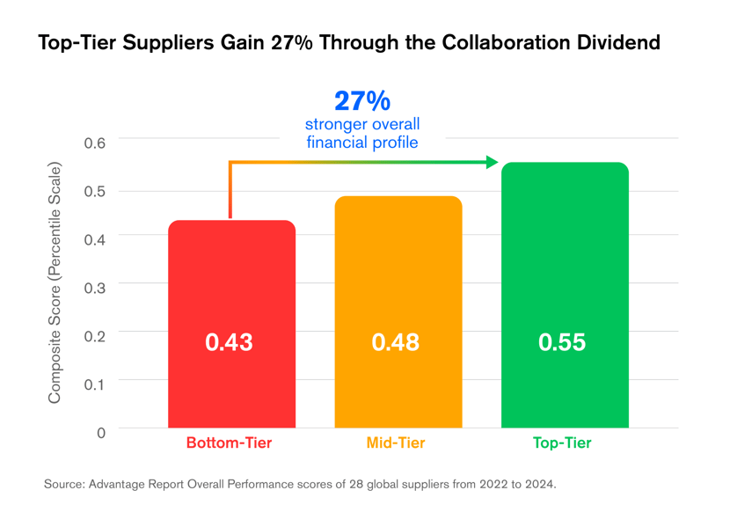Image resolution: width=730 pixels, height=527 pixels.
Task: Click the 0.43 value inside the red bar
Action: [229, 342]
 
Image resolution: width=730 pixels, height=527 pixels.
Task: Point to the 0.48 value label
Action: [396, 342]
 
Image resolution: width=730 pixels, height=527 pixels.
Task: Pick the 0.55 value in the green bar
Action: [562, 342]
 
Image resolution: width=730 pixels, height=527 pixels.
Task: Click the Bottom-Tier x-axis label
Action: [229, 443]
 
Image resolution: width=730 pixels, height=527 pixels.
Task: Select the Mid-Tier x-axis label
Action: [396, 443]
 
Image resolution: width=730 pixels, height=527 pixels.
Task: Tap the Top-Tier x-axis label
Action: [562, 443]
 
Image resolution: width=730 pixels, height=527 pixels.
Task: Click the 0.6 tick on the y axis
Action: [94, 143]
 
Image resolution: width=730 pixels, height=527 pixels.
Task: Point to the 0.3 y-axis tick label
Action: [94, 288]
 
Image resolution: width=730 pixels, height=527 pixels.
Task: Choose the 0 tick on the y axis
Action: [100, 432]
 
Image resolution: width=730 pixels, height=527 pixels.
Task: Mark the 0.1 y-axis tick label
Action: [94, 384]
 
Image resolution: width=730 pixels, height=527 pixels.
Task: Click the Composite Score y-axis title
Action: [55, 283]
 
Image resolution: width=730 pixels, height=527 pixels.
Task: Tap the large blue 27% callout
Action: [362, 99]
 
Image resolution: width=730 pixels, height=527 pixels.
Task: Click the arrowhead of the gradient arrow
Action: [493, 162]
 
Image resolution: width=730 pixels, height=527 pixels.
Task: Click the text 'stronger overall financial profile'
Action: [362, 133]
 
